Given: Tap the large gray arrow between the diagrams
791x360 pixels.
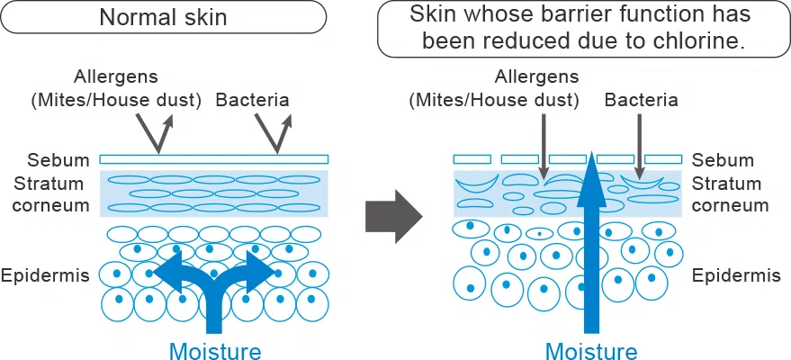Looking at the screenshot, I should coord(393,216).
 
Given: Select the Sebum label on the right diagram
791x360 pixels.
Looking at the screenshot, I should coord(723,160).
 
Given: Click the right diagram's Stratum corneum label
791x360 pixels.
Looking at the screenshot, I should coord(730,193).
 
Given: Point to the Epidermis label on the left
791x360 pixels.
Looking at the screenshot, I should coord(46,274).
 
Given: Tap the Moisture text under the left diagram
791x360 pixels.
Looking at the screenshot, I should coord(214,350).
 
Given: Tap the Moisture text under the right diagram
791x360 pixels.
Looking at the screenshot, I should coord(591,350).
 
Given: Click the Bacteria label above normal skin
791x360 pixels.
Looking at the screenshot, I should coord(253,99).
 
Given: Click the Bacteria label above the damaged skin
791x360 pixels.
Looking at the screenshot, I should coord(641,99).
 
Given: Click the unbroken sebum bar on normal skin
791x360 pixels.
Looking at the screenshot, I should coord(214,159).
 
